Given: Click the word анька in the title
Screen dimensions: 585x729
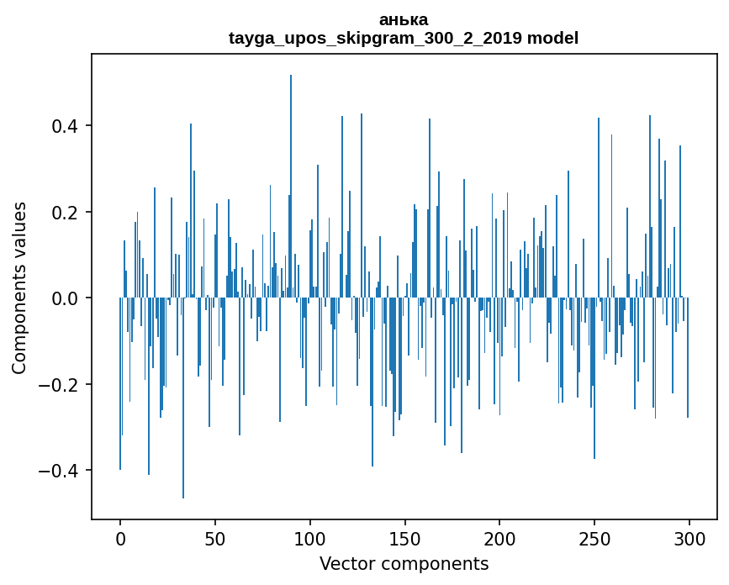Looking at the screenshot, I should tap(404, 20).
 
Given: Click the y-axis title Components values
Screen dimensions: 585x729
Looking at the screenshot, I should tap(19, 287).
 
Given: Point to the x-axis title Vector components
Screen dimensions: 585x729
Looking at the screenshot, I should tap(404, 564).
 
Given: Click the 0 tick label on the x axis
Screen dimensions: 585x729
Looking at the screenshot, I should tap(120, 537).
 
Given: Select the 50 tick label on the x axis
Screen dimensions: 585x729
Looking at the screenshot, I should tap(215, 537).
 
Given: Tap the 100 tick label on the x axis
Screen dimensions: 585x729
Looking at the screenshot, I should tap(310, 537).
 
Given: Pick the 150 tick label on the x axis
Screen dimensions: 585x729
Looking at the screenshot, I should tap(404, 537).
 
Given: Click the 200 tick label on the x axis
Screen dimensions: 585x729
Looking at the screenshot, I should tap(499, 537).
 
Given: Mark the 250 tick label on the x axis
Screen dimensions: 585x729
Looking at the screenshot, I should tap(594, 537).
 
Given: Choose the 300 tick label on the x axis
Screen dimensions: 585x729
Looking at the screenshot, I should tap(689, 537).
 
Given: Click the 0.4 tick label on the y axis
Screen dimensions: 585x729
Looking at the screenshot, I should tap(65, 126).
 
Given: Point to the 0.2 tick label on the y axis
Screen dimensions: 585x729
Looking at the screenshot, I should tap(65, 212).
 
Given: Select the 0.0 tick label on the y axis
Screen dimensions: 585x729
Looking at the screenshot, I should tap(65, 298).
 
